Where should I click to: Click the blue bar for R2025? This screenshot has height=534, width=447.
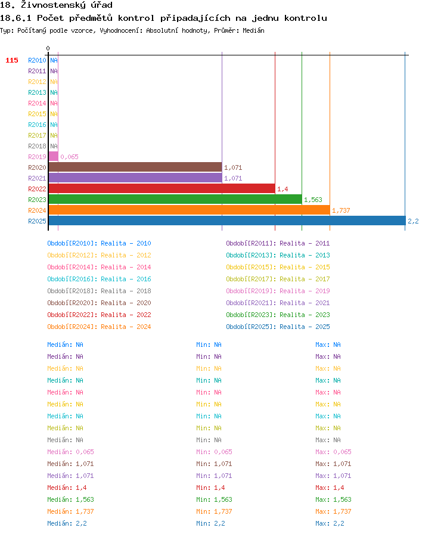click(x=227, y=221)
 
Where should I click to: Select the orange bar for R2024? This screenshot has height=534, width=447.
click(x=190, y=210)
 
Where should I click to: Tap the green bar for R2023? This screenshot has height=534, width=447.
click(x=175, y=199)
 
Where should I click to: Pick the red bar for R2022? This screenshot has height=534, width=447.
click(x=162, y=188)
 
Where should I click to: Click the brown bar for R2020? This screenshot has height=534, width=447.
click(x=135, y=167)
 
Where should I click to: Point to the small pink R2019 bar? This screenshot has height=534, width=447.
click(x=54, y=156)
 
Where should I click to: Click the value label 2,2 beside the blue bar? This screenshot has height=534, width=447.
click(x=413, y=221)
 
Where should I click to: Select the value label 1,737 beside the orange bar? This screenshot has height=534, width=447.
click(x=341, y=210)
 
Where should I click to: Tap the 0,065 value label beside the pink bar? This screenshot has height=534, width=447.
click(x=70, y=157)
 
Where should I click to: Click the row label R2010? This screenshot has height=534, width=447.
click(x=37, y=60)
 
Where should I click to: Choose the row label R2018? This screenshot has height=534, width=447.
click(x=37, y=146)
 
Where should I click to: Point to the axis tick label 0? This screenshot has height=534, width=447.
click(x=48, y=48)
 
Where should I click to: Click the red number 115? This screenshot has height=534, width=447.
click(x=12, y=60)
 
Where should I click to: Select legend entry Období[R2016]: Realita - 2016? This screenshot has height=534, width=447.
click(x=99, y=279)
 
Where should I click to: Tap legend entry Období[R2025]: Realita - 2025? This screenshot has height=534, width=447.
click(x=278, y=327)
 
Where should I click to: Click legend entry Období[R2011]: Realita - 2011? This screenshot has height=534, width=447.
click(x=278, y=243)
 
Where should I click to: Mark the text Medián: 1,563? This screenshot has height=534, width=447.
click(x=70, y=499)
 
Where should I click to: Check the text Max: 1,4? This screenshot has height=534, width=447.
click(x=330, y=488)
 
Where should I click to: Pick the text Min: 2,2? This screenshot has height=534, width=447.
click(x=210, y=523)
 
